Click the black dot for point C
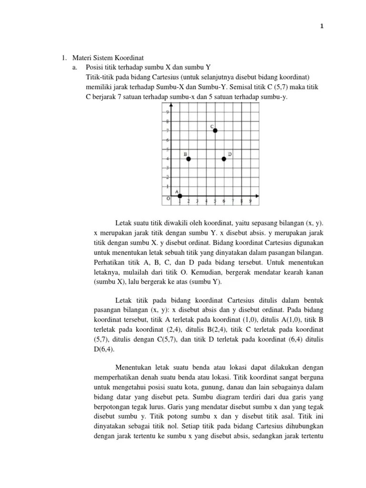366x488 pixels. click(x=215, y=131)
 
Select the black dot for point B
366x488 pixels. click(x=188, y=159)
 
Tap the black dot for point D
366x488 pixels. click(x=224, y=159)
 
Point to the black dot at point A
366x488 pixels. click(x=180, y=196)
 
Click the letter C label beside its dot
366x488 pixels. click(x=212, y=126)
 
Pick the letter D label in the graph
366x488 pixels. click(x=230, y=154)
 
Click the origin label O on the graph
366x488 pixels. click(x=168, y=199)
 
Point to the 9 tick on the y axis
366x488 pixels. click(x=167, y=112)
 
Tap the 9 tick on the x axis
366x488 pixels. click(x=250, y=201)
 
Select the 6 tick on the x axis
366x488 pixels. click(x=224, y=201)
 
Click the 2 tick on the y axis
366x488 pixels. click(x=167, y=177)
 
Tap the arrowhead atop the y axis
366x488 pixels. click(x=171, y=108)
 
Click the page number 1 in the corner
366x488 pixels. click(x=322, y=27)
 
